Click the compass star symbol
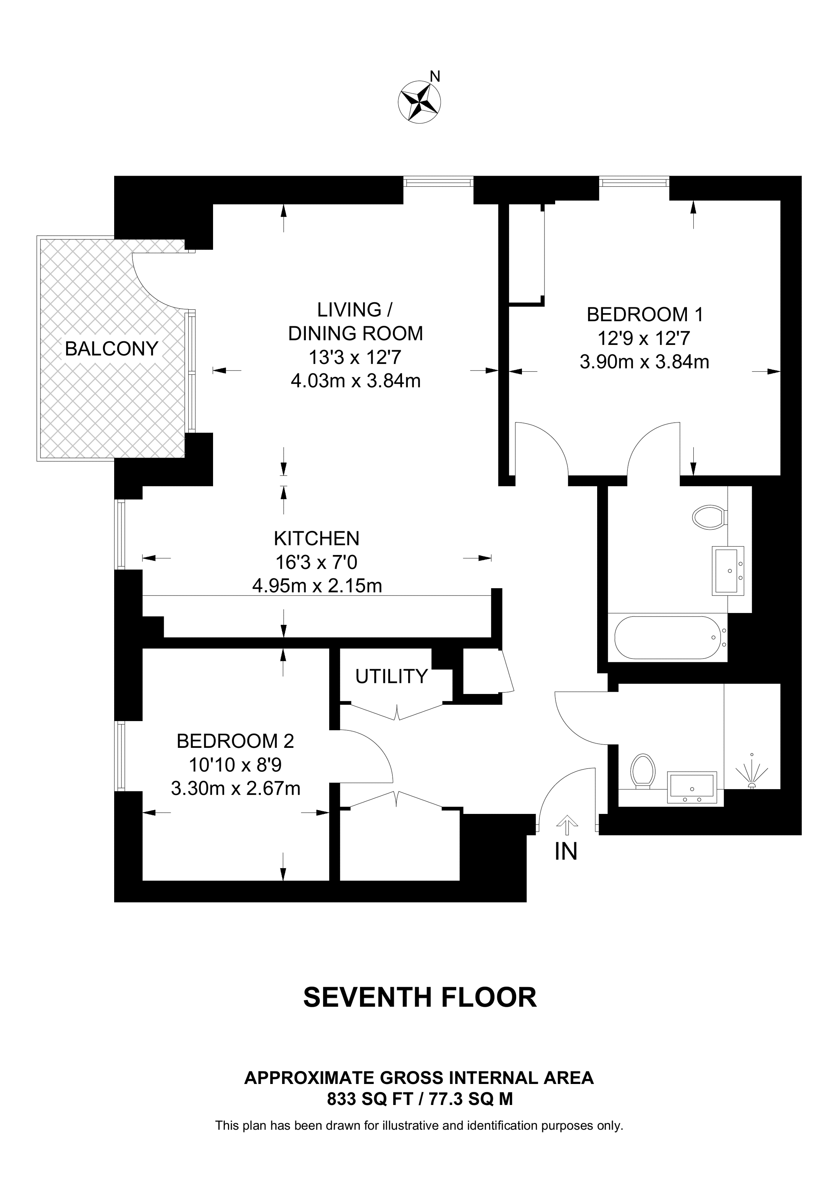click(419, 102)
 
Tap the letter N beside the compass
click(435, 77)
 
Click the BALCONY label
click(111, 349)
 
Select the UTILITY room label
click(391, 676)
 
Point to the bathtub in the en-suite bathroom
click(668, 637)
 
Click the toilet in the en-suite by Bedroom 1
click(710, 517)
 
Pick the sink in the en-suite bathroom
click(728, 571)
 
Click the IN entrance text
click(566, 852)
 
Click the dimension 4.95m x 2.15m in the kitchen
click(317, 586)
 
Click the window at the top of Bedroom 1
click(634, 182)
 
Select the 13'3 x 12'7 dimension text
click(355, 358)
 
